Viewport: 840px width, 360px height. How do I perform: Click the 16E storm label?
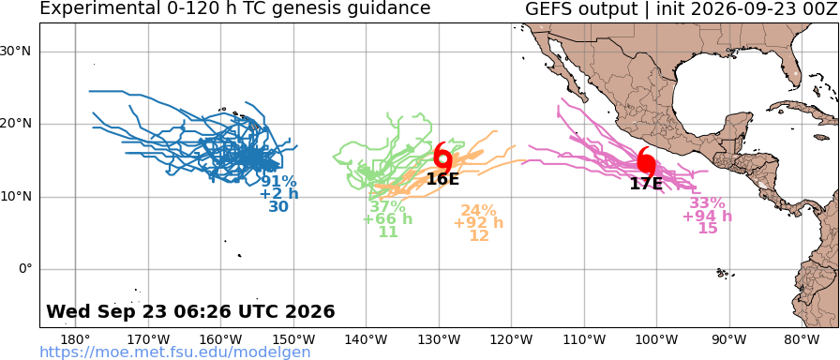[443, 178]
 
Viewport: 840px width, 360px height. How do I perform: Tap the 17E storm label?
[646, 184]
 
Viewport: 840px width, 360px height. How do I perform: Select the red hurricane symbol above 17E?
[646, 161]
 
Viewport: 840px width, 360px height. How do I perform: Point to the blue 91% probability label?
[278, 181]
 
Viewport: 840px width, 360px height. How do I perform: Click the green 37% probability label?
[388, 206]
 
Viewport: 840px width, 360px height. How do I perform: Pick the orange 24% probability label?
[478, 211]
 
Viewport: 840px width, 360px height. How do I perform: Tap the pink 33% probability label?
[707, 203]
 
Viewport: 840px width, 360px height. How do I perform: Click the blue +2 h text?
[278, 194]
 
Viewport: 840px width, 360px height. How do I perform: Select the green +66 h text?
[388, 219]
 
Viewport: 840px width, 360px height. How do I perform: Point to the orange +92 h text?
[478, 223]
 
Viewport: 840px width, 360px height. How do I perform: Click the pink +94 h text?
[707, 217]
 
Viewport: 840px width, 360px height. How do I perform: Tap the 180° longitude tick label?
[75, 340]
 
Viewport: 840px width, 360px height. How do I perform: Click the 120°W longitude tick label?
[512, 340]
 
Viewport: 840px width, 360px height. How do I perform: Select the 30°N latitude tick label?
[20, 52]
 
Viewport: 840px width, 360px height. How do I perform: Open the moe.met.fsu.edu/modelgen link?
[175, 352]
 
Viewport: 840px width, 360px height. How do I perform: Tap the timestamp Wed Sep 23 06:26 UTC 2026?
[190, 311]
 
